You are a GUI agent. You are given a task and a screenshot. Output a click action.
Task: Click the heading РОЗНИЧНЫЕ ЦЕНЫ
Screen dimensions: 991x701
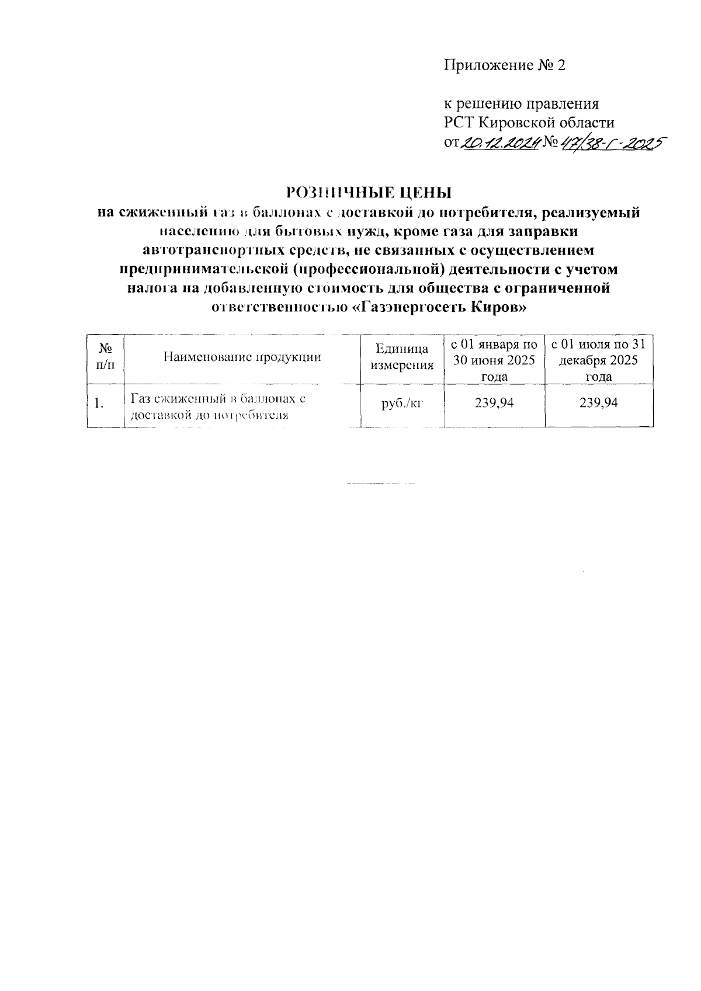click(369, 192)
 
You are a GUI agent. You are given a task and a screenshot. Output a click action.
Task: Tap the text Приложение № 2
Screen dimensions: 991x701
click(505, 65)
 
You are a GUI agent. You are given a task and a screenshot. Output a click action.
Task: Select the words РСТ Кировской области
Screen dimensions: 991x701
click(529, 123)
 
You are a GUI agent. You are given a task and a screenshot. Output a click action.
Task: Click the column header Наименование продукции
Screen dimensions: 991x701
click(242, 357)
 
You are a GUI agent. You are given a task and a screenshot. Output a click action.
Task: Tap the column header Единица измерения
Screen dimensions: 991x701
click(402, 357)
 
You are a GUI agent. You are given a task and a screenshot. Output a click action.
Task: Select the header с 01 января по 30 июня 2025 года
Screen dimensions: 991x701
click(495, 360)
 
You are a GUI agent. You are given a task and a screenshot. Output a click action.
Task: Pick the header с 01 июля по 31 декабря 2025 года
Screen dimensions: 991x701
click(598, 360)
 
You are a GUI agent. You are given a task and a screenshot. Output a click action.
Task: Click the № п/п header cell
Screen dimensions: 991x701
click(105, 357)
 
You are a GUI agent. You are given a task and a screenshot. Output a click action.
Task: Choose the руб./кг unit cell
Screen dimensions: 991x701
click(402, 402)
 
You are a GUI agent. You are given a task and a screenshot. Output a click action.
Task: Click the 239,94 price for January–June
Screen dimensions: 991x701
click(495, 402)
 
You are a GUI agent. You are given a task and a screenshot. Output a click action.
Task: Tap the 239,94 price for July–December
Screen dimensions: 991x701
click(598, 402)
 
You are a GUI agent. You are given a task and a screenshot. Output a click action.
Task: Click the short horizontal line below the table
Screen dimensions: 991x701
click(380, 484)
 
